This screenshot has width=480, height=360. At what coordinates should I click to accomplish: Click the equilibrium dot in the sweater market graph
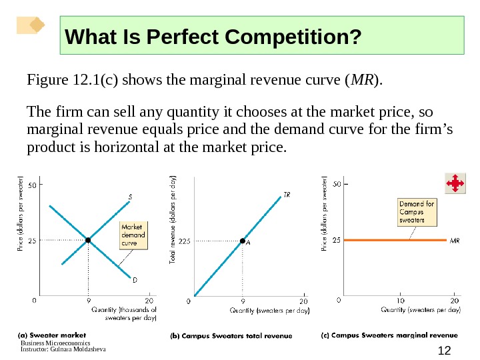pyautogui.click(x=87, y=239)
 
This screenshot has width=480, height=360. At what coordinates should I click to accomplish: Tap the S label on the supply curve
pyautogui.click(x=130, y=197)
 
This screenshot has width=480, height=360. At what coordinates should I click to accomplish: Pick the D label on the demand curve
pyautogui.click(x=134, y=280)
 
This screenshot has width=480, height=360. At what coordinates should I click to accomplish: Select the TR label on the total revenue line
pyautogui.click(x=287, y=195)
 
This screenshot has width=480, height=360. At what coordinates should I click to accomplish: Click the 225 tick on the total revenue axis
pyautogui.click(x=185, y=241)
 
